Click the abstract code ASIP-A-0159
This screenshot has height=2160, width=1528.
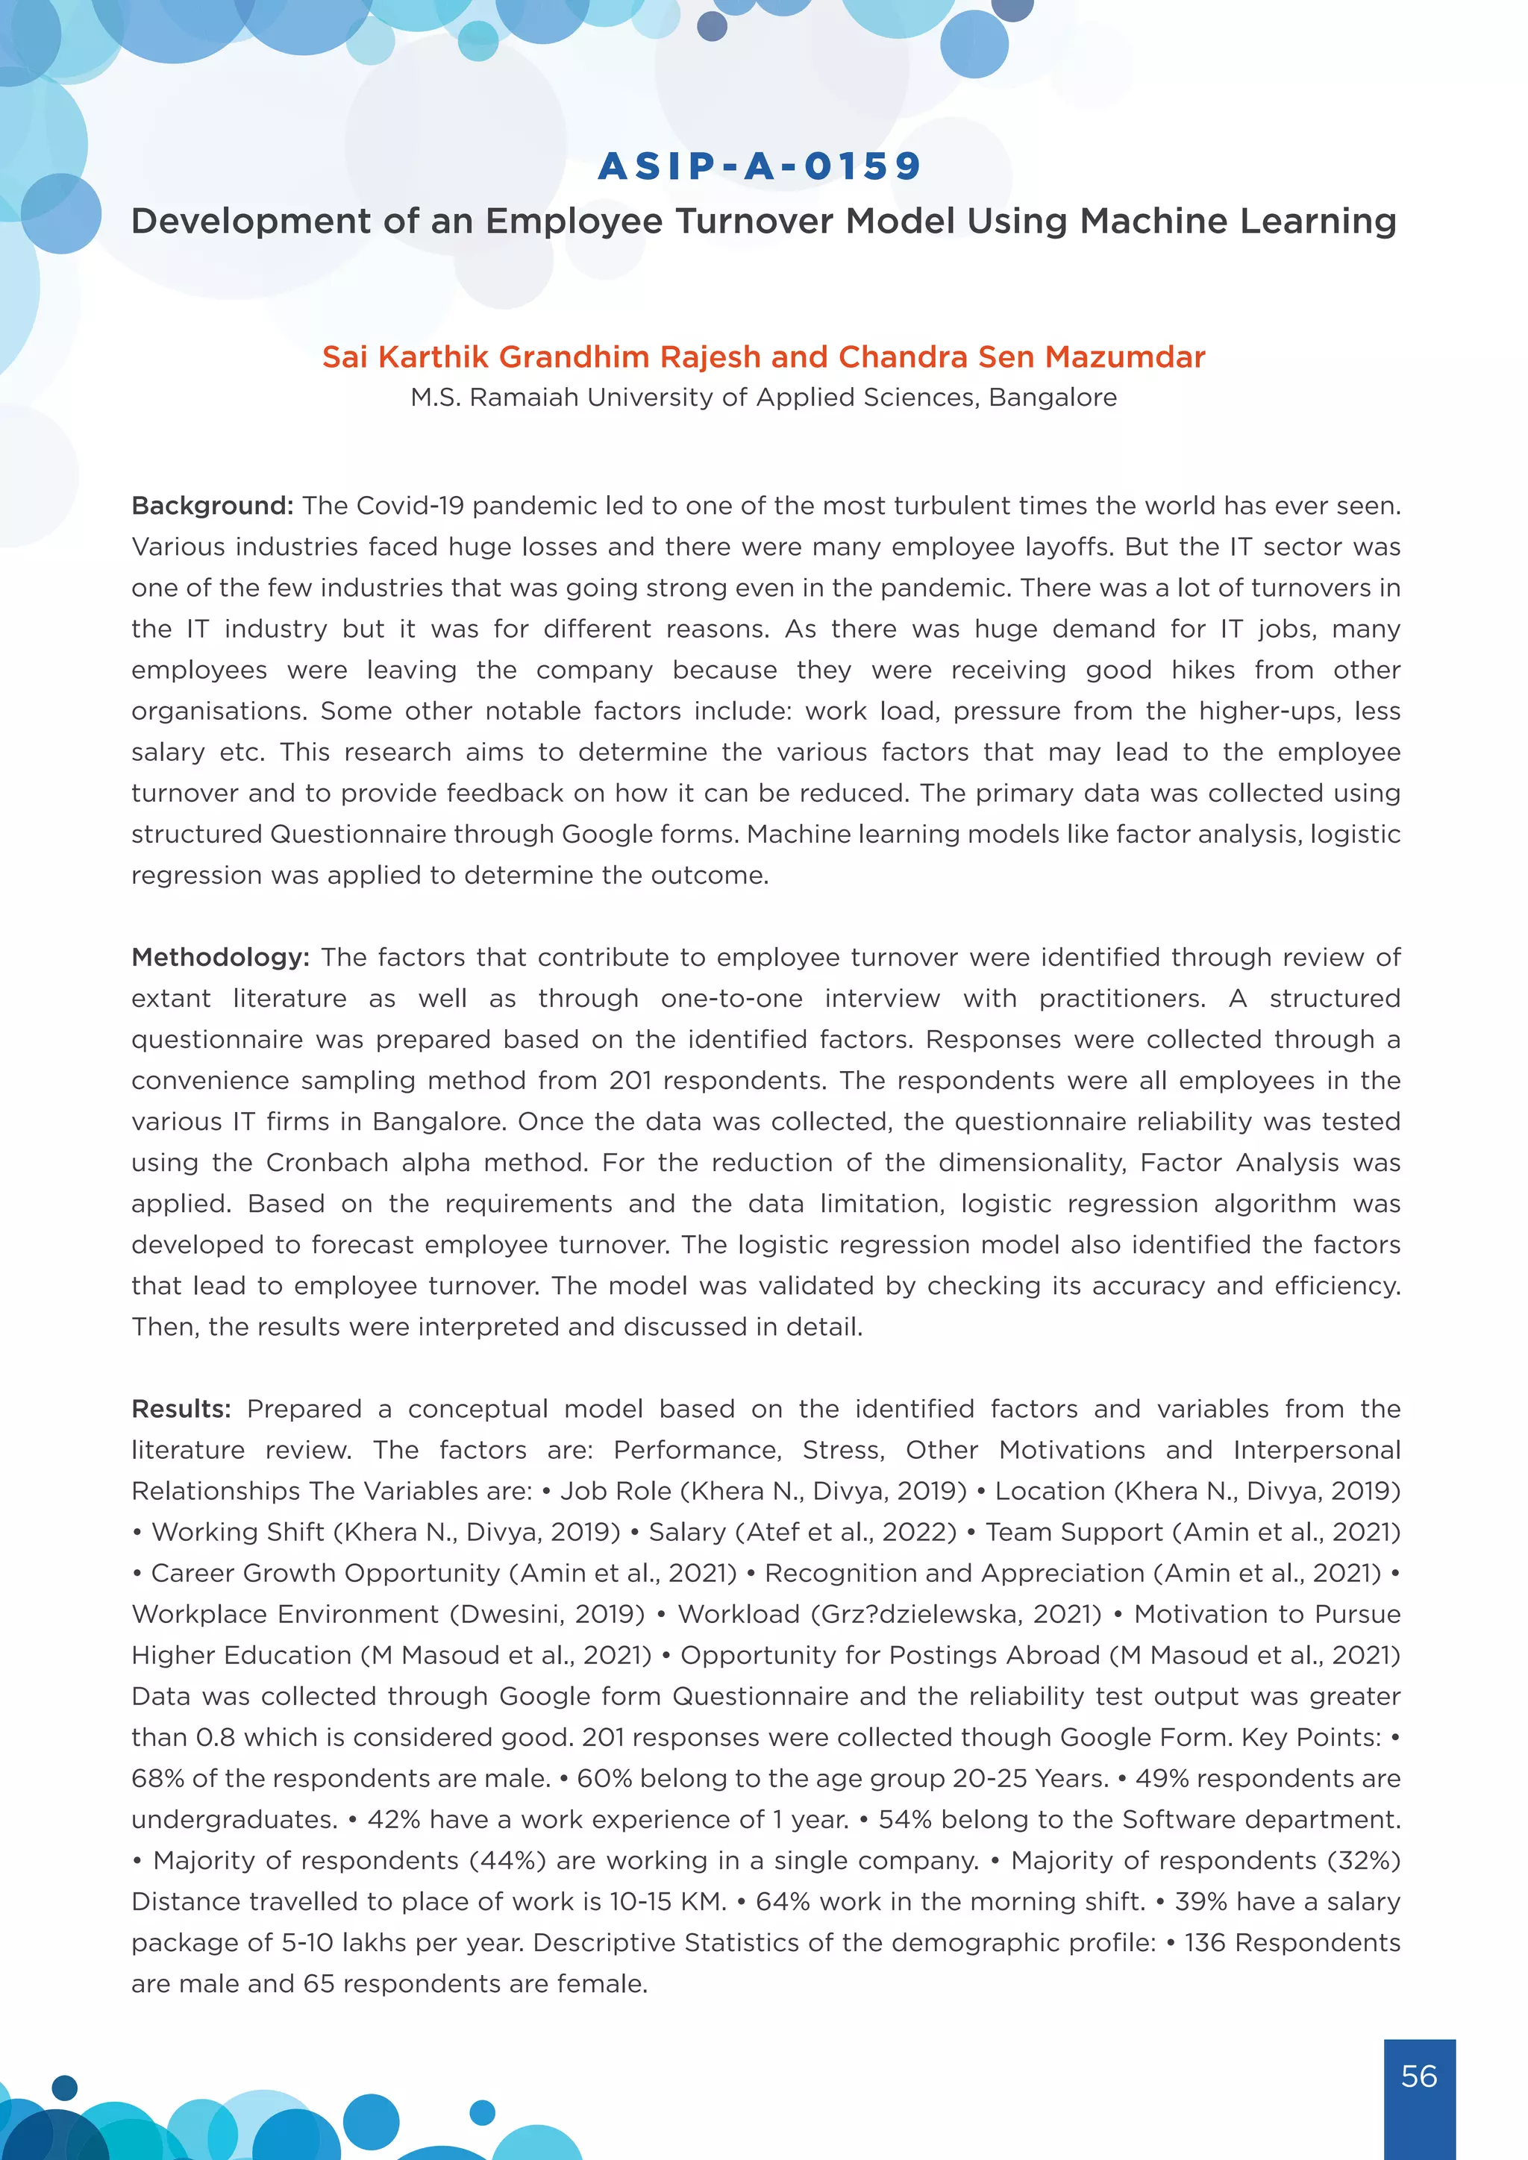click(760, 166)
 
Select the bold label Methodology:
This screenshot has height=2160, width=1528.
click(220, 958)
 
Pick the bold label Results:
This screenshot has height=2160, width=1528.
click(181, 1409)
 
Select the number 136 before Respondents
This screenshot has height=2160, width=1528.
click(1204, 1943)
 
